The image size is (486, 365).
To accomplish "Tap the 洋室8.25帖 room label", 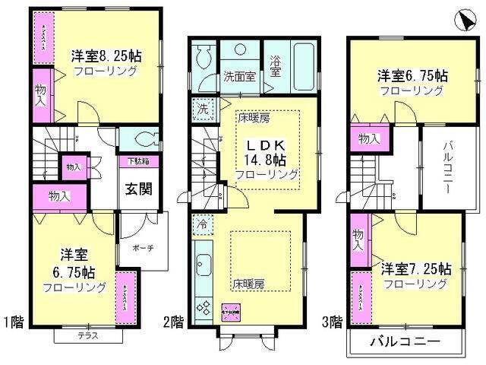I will point(106,56).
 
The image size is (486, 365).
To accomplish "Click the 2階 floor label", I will point(172,322).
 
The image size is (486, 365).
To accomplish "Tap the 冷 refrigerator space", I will point(202,225).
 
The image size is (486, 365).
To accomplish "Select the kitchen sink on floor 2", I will point(204,267).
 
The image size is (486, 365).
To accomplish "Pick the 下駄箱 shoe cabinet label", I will point(137,162).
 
